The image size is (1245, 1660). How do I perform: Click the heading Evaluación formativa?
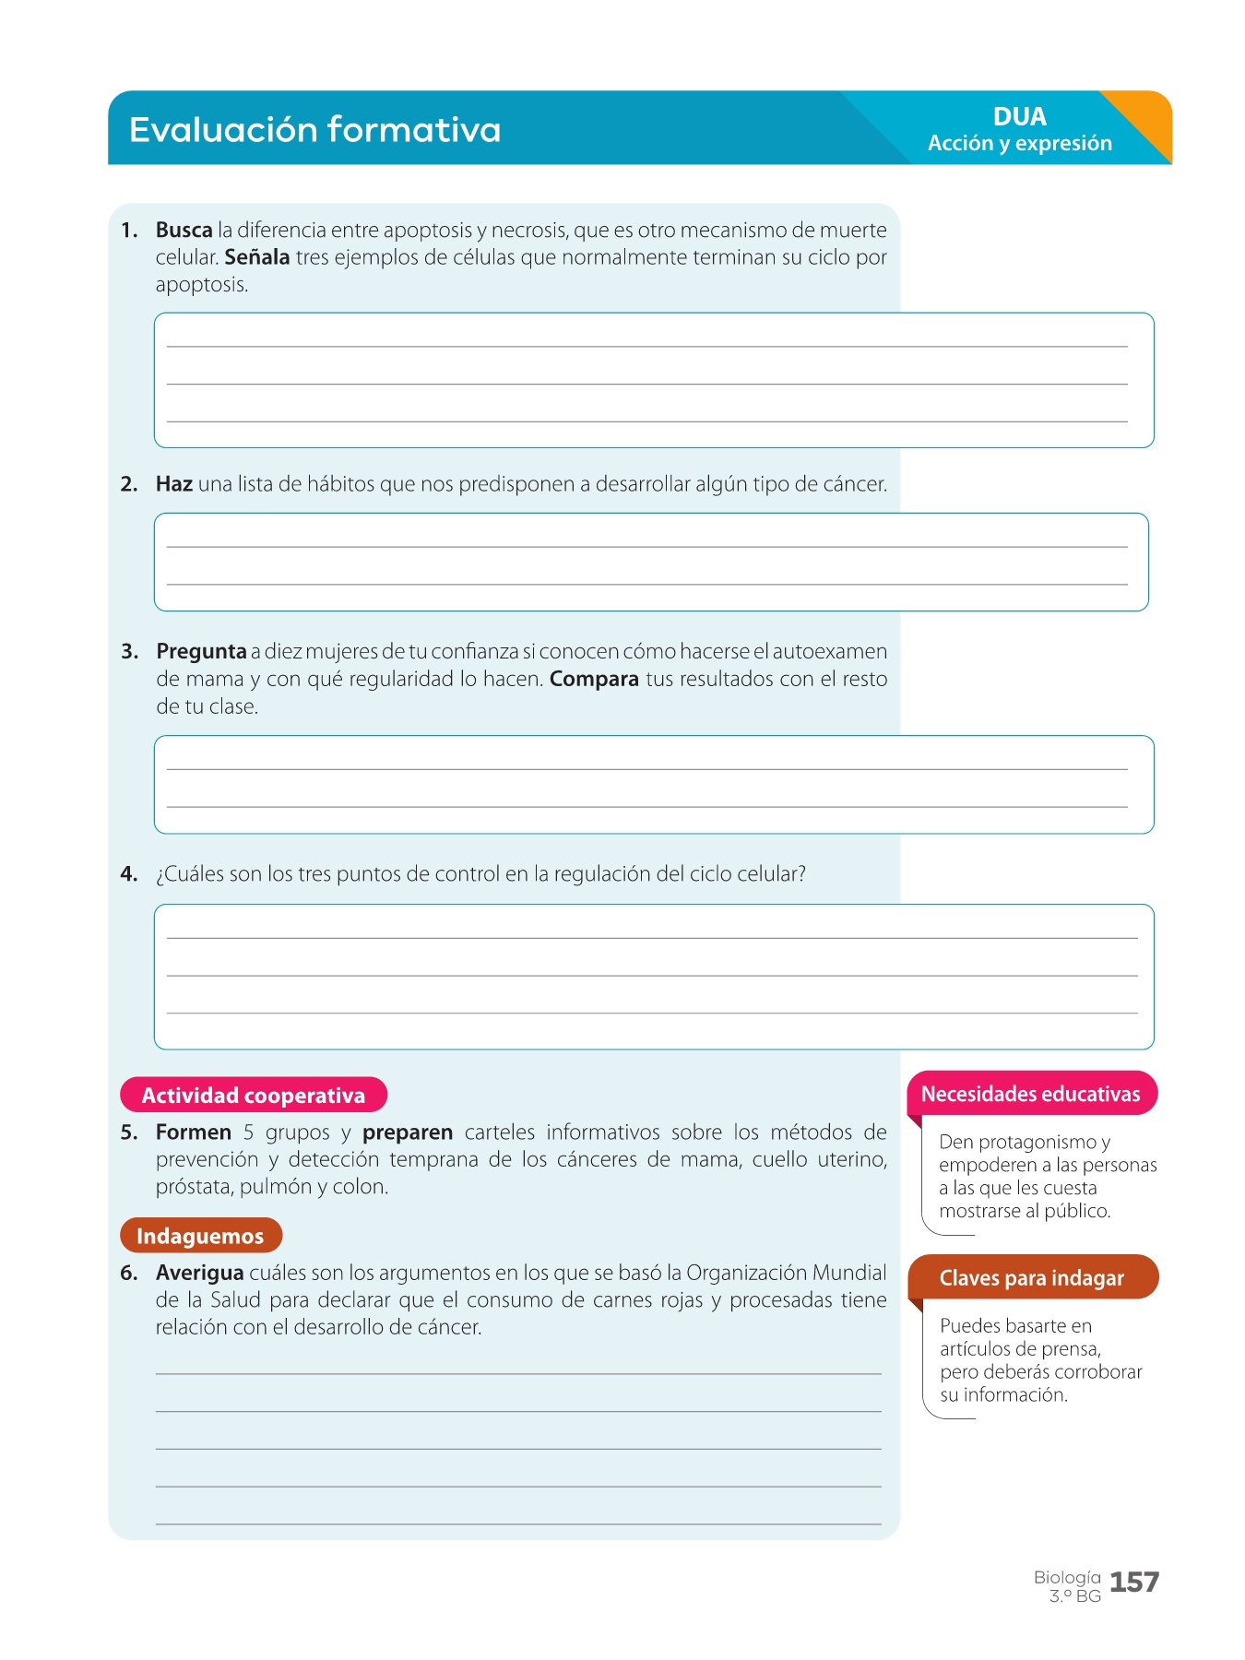pyautogui.click(x=314, y=129)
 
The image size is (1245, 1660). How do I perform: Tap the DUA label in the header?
pyautogui.click(x=1019, y=116)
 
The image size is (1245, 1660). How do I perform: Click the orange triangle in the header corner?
pyautogui.click(x=1144, y=120)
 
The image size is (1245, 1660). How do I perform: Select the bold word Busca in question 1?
pyautogui.click(x=184, y=230)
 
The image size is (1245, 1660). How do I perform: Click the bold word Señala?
pyautogui.click(x=257, y=257)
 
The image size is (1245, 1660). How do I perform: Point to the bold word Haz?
pyautogui.click(x=174, y=484)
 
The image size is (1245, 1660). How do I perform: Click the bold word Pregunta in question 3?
pyautogui.click(x=201, y=651)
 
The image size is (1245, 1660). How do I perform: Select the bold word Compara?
pyautogui.click(x=594, y=679)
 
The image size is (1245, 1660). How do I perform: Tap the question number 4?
pyautogui.click(x=129, y=874)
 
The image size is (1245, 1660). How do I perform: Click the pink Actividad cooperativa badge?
pyautogui.click(x=254, y=1095)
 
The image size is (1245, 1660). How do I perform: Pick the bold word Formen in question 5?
pyautogui.click(x=194, y=1132)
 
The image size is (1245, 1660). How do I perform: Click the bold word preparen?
pyautogui.click(x=408, y=1132)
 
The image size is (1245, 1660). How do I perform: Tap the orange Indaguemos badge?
pyautogui.click(x=200, y=1236)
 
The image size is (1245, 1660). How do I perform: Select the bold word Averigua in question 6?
pyautogui.click(x=199, y=1273)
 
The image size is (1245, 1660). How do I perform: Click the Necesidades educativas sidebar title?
pyautogui.click(x=1031, y=1094)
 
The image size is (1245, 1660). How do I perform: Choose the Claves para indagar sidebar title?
pyautogui.click(x=1032, y=1278)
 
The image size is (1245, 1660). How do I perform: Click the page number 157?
pyautogui.click(x=1134, y=1583)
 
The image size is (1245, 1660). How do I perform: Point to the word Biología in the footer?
pyautogui.click(x=1067, y=1577)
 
